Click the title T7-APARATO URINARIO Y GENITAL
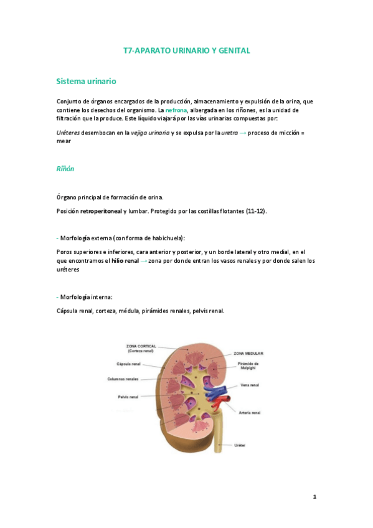click(187, 50)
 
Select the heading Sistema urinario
click(86, 82)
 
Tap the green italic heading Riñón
click(66, 168)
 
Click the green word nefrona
click(176, 110)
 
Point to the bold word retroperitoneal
click(101, 212)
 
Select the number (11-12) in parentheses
click(255, 212)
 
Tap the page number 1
click(315, 497)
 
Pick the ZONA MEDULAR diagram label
click(248, 353)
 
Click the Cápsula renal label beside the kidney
click(128, 364)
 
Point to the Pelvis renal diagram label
click(128, 397)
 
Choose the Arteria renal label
click(249, 412)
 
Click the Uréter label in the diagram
click(240, 445)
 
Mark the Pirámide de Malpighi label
click(247, 365)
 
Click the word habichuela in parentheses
click(166, 238)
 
